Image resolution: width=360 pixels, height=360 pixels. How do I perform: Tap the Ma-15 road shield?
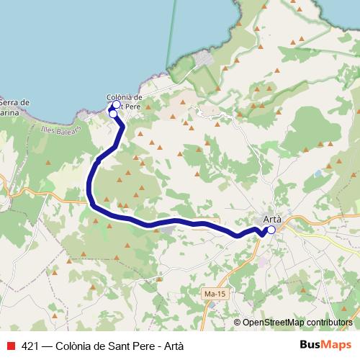pos(211,294)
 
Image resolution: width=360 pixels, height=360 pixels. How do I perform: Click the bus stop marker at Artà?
pos(271,230)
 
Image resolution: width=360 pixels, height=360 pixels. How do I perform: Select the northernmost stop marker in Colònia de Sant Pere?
pos(117,105)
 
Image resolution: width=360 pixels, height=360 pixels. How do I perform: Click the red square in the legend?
pos(11,346)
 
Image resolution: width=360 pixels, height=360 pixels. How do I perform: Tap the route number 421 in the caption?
pos(31,346)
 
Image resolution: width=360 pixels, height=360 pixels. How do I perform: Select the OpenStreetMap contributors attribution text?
pos(297,322)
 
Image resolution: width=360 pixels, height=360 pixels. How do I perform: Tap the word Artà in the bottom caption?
pos(173,346)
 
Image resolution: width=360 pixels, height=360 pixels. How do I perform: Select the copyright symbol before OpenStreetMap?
pos(238,322)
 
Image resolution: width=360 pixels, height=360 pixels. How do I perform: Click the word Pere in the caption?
pos(145,346)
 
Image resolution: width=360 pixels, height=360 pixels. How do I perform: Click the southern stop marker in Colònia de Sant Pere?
pos(113,114)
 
